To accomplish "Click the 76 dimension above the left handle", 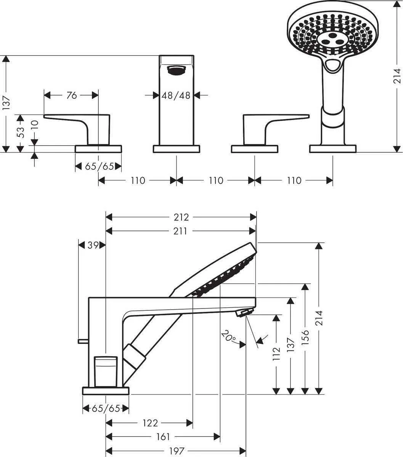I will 72,95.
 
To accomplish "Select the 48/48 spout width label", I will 176,95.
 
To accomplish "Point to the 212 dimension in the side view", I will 181,217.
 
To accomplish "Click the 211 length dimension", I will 181,231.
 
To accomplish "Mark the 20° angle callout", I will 229,336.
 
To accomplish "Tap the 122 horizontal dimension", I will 151,423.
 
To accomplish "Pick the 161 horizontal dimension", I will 163,436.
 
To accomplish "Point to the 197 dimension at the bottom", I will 176,451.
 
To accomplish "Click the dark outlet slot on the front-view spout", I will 176,70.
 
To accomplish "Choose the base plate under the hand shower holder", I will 332,149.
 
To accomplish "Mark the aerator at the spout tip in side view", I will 243,313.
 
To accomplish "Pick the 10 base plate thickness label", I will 35,124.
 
